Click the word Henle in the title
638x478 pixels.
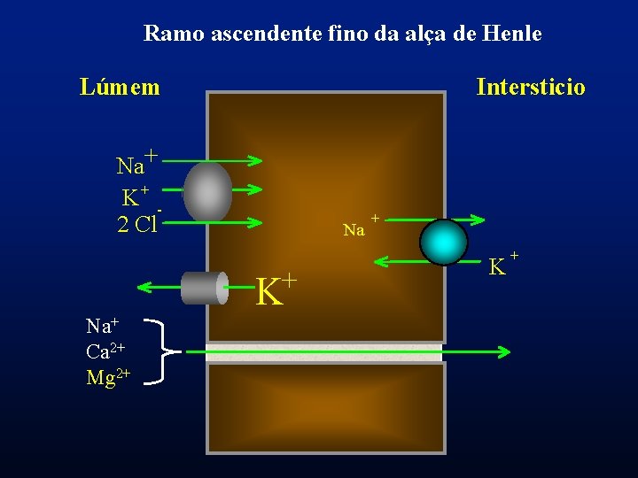512,35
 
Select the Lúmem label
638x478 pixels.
120,87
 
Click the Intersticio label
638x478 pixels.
530,87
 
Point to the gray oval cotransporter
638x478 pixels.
207,191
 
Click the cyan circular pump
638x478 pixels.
443,242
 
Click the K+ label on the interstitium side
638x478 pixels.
502,264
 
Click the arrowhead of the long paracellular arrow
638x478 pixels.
503,352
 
